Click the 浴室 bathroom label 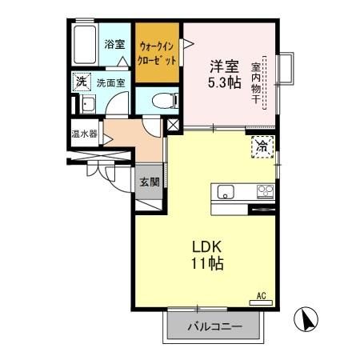pyautogui.click(x=114, y=44)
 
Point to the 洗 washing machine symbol pyautogui.click(x=81, y=81)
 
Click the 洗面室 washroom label pyautogui.click(x=111, y=82)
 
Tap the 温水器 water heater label pyautogui.click(x=84, y=134)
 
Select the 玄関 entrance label pyautogui.click(x=148, y=182)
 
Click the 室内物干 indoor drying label pyautogui.click(x=257, y=83)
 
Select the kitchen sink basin pyautogui.click(x=226, y=192)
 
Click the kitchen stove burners pyautogui.click(x=264, y=191)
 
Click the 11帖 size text pyautogui.click(x=206, y=264)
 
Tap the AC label pyautogui.click(x=261, y=295)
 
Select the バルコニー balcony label pyautogui.click(x=214, y=326)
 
